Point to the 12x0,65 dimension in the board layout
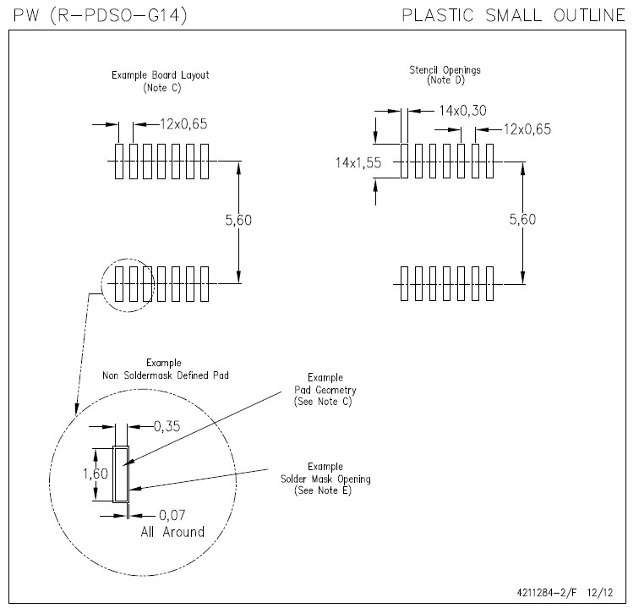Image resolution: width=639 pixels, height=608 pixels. click(x=183, y=124)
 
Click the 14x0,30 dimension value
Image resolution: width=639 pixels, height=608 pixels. click(x=463, y=110)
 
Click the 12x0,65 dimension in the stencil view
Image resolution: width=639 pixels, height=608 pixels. click(x=527, y=129)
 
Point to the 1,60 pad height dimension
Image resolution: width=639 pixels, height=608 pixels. click(x=95, y=474)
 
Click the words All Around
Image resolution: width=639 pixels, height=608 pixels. click(x=172, y=532)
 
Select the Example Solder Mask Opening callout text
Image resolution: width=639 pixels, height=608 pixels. click(x=325, y=479)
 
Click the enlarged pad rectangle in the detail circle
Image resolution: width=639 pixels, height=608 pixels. click(x=121, y=474)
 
